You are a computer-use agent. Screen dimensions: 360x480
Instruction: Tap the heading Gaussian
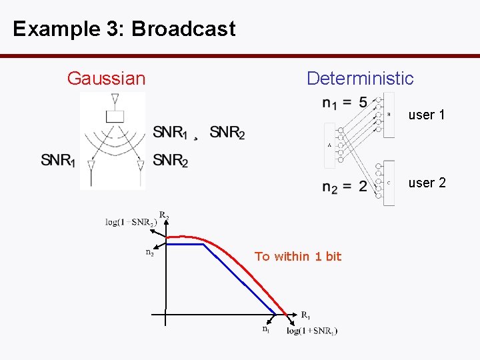(x=106, y=79)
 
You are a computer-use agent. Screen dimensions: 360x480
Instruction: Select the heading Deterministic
(x=360, y=79)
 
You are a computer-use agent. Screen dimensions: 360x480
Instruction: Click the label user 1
(x=427, y=115)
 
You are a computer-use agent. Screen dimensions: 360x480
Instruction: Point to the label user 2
(x=427, y=183)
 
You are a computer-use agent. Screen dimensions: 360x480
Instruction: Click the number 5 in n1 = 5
(x=362, y=103)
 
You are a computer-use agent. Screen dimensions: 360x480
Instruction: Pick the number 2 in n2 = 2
(x=362, y=186)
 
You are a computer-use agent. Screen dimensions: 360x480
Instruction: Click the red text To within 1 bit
(x=297, y=257)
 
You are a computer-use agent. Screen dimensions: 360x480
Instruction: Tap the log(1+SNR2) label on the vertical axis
(x=131, y=222)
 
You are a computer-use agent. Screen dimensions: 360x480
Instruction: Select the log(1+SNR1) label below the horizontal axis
(x=312, y=331)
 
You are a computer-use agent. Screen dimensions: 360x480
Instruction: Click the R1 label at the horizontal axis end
(x=305, y=315)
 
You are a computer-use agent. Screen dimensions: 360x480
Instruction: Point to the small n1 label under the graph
(x=266, y=328)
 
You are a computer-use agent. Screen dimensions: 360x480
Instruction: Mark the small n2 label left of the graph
(x=150, y=252)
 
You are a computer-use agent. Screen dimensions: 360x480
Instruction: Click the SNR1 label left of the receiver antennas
(x=58, y=161)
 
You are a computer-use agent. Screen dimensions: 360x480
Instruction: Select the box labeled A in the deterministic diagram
(x=330, y=143)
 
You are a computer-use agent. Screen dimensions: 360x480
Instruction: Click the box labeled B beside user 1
(x=389, y=115)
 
